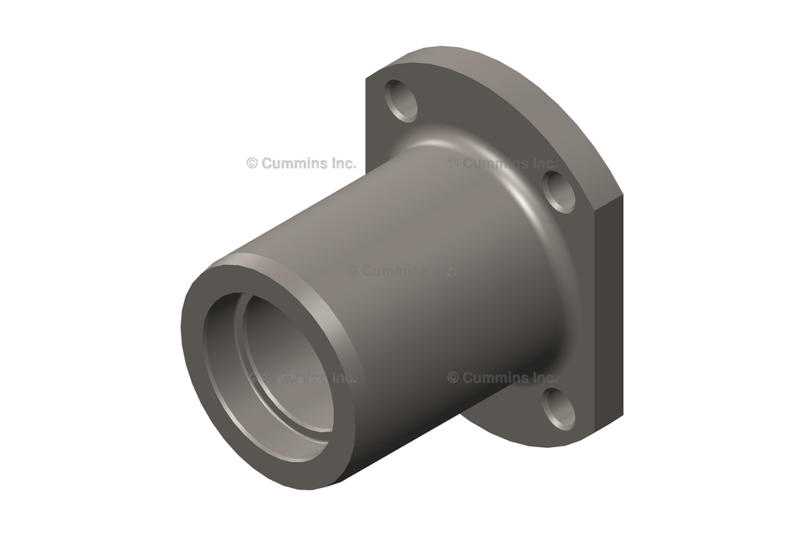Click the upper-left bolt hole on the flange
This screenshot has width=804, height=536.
pos(401,101)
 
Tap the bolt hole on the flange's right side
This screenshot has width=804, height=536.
pos(559,191)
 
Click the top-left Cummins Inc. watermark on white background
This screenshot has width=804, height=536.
pos(301,163)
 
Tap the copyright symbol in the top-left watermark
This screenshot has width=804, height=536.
pos(252,163)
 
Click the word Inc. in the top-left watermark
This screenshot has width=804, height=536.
pos(341,163)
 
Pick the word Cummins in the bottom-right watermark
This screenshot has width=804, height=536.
pos(493,378)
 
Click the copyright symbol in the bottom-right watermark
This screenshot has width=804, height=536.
pos(453,378)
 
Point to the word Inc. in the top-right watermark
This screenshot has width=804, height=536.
pos(542,163)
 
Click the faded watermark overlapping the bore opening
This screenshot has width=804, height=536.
pos(302,378)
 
